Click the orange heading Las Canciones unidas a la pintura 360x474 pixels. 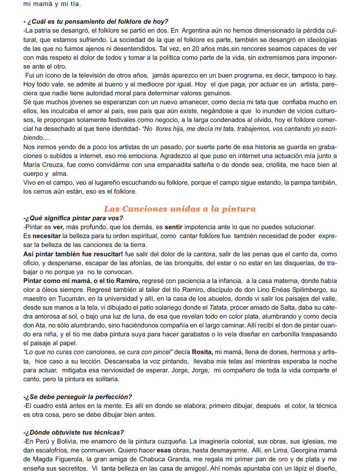180,209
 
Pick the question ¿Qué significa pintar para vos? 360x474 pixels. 73,218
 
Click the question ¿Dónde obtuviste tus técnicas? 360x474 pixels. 74,432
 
